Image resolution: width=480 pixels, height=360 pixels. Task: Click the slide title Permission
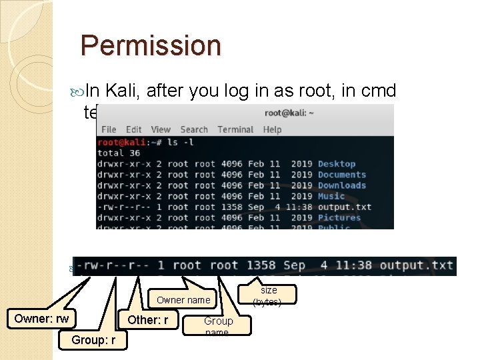click(x=150, y=45)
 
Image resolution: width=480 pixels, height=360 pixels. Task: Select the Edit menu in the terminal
click(x=133, y=129)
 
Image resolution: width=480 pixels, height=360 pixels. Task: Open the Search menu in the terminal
click(x=194, y=129)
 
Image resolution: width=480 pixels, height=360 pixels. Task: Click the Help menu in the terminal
click(x=272, y=129)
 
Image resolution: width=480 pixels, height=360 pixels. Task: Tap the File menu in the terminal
click(x=109, y=129)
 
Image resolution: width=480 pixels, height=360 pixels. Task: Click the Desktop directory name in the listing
click(x=337, y=164)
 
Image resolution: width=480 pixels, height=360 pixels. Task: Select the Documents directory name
click(x=342, y=175)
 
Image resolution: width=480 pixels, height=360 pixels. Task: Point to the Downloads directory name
click(x=342, y=185)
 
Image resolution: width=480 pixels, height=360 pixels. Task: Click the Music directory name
click(x=331, y=196)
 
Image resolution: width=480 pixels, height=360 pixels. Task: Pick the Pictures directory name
click(x=339, y=217)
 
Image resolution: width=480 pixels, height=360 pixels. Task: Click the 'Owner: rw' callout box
click(x=41, y=319)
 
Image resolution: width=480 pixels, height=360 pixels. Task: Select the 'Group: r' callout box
click(x=93, y=341)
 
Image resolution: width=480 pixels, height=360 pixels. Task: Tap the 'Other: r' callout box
click(x=148, y=319)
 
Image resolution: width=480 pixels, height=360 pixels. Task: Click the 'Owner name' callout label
click(x=183, y=300)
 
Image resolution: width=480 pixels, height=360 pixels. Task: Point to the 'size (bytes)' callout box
click(x=269, y=295)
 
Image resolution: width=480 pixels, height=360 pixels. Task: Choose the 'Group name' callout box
click(x=218, y=325)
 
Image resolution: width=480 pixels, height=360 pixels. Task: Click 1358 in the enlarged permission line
click(x=261, y=265)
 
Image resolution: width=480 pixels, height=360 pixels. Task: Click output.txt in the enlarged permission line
click(x=417, y=265)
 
